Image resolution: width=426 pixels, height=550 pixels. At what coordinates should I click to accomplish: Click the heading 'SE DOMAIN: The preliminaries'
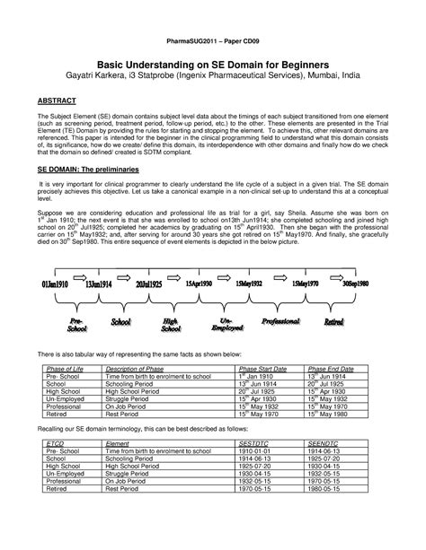pos(83,192)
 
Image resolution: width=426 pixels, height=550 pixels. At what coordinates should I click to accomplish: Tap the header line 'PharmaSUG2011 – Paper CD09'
pos(213,41)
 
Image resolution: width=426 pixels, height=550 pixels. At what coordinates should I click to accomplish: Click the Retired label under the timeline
pos(334,319)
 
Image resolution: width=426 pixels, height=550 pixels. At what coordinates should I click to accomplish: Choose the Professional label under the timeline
pos(280,319)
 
